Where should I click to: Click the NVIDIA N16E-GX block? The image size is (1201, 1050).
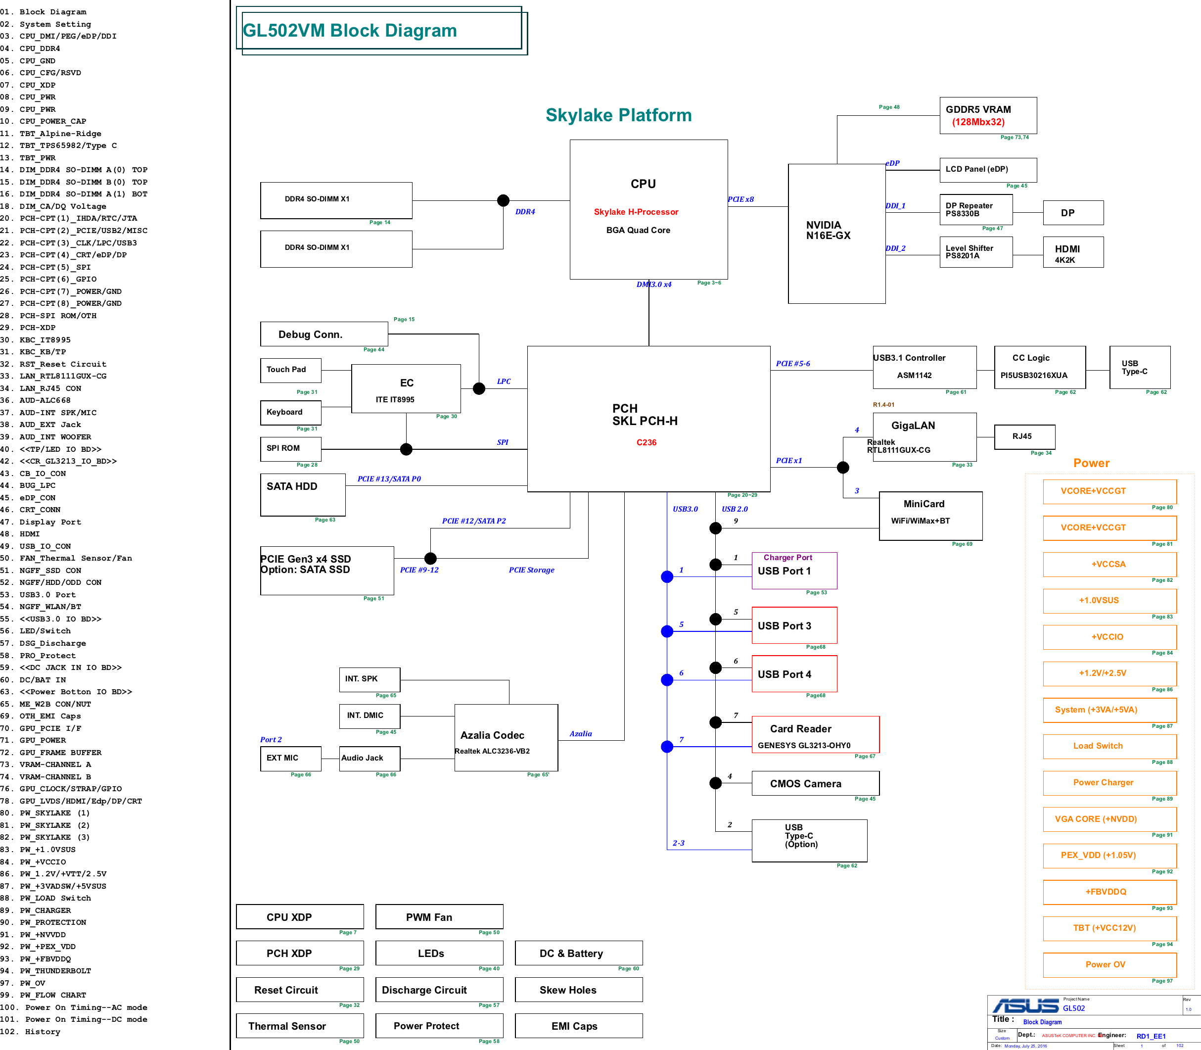pos(836,233)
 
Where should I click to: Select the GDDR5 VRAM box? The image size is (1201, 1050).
pos(988,115)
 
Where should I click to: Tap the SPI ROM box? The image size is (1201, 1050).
pos(290,449)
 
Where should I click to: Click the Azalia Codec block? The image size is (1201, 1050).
pos(506,738)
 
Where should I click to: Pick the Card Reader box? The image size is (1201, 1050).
pos(816,735)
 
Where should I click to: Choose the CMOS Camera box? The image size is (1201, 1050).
pos(816,783)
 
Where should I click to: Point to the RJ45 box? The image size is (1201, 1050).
pos(1024,436)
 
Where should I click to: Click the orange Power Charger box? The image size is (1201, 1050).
pos(1109,783)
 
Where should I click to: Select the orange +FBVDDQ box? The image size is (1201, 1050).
pos(1109,892)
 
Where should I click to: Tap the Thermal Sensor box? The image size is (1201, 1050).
pos(300,1026)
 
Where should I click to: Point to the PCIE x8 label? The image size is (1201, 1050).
pos(740,199)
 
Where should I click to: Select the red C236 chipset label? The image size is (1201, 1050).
pos(646,442)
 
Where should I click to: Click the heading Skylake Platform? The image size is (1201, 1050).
pos(619,115)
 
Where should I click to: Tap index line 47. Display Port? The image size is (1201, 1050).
pos(41,522)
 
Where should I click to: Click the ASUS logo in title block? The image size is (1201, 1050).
pos(1025,1006)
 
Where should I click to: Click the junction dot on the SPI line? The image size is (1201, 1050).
pos(406,449)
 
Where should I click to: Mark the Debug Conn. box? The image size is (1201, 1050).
pos(324,334)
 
